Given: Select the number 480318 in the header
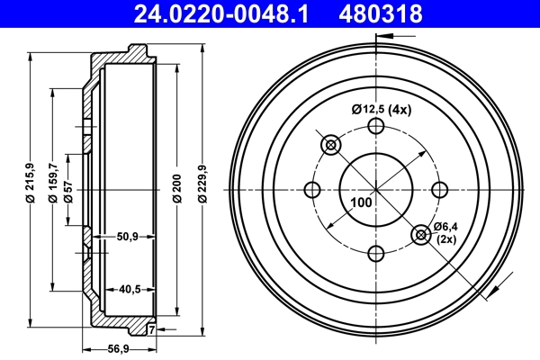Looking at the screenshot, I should [x=380, y=13].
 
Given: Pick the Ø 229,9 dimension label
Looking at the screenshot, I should [x=202, y=185].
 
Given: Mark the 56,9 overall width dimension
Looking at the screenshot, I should [x=118, y=348].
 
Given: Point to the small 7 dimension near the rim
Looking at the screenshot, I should [x=151, y=330].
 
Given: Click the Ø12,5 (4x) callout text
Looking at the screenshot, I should [x=381, y=110].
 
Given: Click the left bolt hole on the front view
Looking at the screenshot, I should [x=313, y=190].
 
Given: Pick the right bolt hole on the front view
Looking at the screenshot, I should [x=439, y=190].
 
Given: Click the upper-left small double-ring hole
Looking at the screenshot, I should [x=330, y=145].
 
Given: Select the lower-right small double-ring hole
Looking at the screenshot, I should [x=421, y=235].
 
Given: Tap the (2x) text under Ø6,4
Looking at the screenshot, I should [x=447, y=239].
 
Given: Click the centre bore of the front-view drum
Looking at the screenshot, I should [x=376, y=180].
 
